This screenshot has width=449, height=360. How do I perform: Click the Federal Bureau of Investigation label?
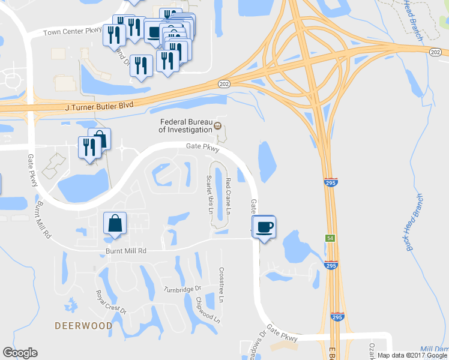[x=185, y=124]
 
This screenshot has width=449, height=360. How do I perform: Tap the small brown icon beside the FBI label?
[x=218, y=127]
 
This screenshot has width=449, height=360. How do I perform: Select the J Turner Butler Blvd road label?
[x=99, y=106]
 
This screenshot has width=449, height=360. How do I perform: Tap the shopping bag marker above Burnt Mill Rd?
[x=114, y=224]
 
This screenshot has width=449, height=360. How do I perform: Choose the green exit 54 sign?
[x=330, y=239]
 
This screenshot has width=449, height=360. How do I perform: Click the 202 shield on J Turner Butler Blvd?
[x=224, y=85]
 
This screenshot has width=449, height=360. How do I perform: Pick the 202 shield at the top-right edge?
[x=436, y=53]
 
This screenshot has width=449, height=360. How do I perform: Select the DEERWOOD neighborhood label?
[x=83, y=325]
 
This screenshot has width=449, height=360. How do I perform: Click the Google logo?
[x=20, y=353]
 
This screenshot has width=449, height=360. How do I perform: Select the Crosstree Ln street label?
[x=221, y=284]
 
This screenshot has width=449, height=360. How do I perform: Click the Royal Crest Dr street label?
[x=111, y=302]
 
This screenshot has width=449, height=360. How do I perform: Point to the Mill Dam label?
[x=435, y=349]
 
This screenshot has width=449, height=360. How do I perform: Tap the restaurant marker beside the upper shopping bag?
[x=89, y=148]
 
